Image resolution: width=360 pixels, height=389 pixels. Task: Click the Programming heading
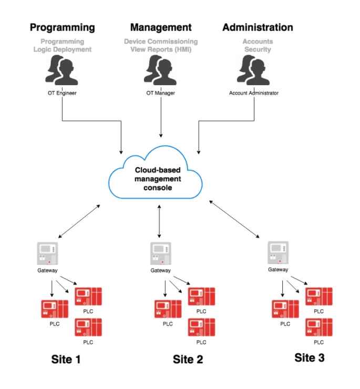click(x=63, y=27)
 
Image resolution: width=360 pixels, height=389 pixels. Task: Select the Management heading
click(x=161, y=27)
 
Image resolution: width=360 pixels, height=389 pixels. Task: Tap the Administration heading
click(x=258, y=27)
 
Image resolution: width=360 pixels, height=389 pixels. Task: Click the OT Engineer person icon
click(x=63, y=71)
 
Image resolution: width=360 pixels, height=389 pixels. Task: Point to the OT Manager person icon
click(x=160, y=71)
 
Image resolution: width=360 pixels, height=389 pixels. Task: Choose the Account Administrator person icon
click(x=254, y=71)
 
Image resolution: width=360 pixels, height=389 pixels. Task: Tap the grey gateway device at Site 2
click(x=160, y=253)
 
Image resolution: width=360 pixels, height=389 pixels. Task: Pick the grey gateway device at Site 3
click(x=277, y=253)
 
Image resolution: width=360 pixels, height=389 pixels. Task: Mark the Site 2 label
click(x=188, y=360)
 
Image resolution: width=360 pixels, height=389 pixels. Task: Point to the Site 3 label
click(x=309, y=358)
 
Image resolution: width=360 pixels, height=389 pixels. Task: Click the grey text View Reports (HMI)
click(x=161, y=49)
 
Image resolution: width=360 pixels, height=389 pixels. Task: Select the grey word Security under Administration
click(x=258, y=49)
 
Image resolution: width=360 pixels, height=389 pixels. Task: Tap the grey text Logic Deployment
click(x=63, y=49)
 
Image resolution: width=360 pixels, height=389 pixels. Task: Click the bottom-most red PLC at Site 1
click(x=88, y=327)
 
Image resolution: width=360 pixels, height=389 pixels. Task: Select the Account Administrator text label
click(x=254, y=93)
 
